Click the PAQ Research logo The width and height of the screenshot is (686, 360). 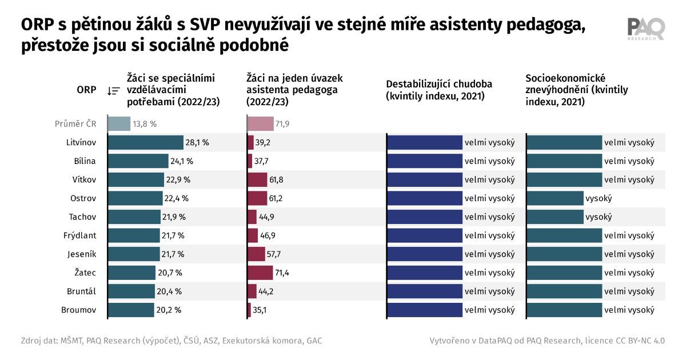(646, 29)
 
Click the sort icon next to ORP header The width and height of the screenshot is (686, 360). (113, 90)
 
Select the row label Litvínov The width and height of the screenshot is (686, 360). (81, 142)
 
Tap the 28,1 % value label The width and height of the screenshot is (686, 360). (198, 142)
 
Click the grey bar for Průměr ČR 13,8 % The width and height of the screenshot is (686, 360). (119, 123)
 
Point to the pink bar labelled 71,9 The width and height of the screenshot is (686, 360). (257, 123)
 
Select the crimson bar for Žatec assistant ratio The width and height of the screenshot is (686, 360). (260, 273)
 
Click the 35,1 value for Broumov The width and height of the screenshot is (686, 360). (260, 310)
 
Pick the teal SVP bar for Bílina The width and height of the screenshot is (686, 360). (138, 161)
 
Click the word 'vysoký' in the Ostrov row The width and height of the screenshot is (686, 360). (599, 198)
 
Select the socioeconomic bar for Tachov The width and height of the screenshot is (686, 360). (555, 217)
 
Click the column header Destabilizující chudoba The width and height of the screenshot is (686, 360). (439, 90)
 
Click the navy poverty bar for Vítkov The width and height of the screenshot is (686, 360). (425, 179)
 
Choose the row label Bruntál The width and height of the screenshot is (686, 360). (82, 291)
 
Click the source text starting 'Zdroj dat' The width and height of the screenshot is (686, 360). (171, 341)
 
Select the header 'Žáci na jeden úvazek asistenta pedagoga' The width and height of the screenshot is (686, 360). (294, 90)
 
